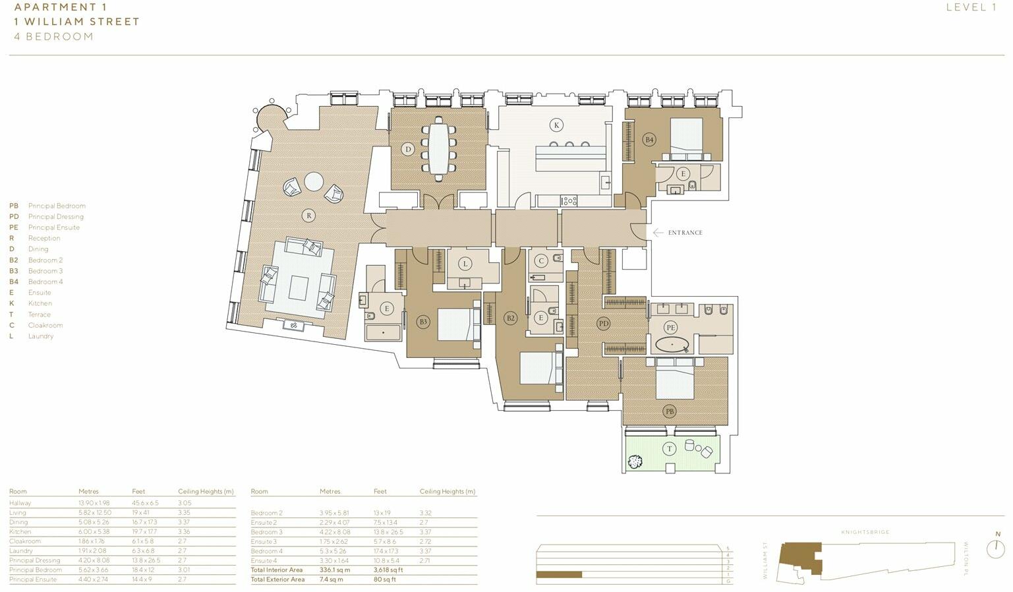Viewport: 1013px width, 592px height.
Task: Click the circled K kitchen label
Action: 556,125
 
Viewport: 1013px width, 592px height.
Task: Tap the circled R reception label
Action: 308,215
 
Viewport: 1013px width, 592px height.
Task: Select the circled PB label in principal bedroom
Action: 669,411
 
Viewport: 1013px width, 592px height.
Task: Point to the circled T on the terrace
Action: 670,449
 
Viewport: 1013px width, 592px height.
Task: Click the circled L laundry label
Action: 465,264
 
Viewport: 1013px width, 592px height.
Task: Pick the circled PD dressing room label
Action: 603,323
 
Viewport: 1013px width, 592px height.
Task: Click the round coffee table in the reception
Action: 314,181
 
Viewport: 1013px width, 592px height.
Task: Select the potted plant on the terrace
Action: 635,462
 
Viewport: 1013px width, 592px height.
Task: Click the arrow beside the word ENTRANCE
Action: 658,233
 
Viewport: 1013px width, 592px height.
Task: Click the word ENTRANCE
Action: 685,233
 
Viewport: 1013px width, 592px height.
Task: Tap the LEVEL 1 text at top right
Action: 971,7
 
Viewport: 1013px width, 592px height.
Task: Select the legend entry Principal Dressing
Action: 55,217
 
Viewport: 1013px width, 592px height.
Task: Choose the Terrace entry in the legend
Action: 39,314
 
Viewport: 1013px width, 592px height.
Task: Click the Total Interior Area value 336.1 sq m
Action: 335,570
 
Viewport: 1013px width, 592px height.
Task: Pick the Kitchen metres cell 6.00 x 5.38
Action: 94,532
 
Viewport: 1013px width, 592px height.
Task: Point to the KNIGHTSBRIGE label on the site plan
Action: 865,532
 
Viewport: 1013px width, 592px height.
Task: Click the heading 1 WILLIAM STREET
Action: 77,22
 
